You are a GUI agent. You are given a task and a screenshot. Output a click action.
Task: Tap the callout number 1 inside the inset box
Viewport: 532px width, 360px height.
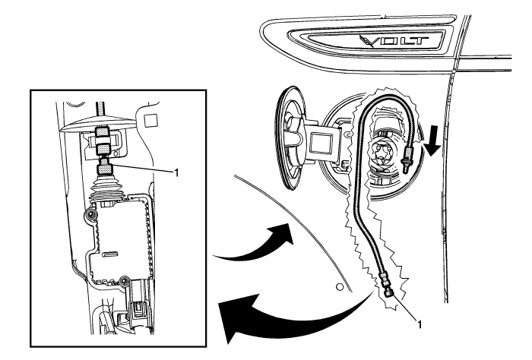pyautogui.click(x=176, y=173)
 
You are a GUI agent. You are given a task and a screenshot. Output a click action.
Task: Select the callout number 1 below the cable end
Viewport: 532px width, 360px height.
pyautogui.click(x=420, y=324)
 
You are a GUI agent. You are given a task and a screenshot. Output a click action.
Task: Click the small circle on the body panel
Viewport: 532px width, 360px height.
pyautogui.click(x=339, y=287)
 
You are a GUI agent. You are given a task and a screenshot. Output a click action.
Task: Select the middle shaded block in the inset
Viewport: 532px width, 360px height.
pyautogui.click(x=103, y=149)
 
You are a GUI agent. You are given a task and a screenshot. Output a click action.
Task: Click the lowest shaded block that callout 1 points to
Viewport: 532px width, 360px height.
pyautogui.click(x=105, y=169)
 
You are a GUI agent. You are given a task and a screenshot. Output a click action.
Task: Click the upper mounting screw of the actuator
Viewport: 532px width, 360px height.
pyautogui.click(x=90, y=214)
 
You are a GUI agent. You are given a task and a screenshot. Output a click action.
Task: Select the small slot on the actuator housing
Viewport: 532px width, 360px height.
pyautogui.click(x=110, y=253)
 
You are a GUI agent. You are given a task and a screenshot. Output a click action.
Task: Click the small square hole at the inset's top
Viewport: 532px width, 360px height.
pyautogui.click(x=149, y=120)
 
